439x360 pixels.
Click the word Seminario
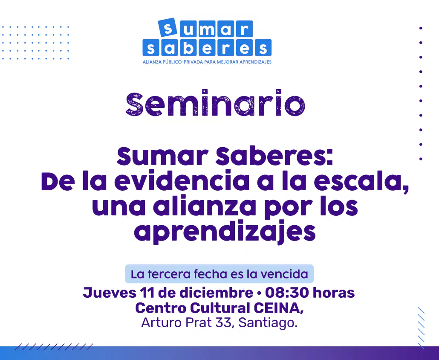[215, 104]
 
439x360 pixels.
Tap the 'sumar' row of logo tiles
[205, 29]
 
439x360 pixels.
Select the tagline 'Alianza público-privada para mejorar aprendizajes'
[207, 62]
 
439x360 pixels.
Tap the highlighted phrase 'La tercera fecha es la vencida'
[219, 274]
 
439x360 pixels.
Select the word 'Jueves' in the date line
[109, 293]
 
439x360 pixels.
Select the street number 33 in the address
[223, 322]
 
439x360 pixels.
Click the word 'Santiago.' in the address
[268, 322]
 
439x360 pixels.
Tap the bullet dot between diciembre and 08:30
[259, 293]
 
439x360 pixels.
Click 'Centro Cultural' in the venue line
[192, 308]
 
